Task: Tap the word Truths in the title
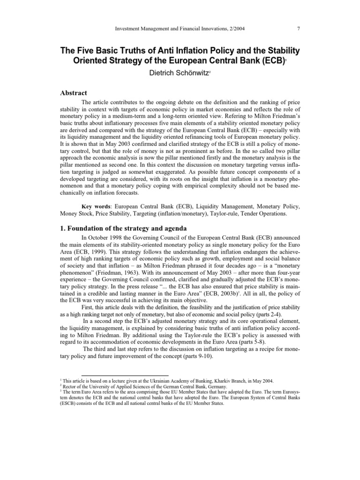pos(123,50)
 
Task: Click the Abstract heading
pos(75,93)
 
